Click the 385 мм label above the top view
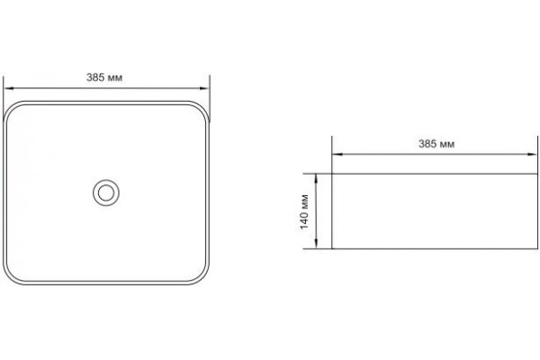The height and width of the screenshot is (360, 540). point(104,77)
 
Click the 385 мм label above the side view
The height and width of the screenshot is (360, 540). point(436,144)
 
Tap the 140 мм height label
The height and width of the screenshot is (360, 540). point(304,211)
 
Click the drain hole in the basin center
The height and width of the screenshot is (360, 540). point(106,193)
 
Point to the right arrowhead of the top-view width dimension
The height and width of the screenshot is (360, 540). point(204,88)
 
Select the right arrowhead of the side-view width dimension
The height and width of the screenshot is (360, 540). point(533,154)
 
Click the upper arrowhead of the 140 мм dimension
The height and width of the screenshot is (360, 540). point(316,179)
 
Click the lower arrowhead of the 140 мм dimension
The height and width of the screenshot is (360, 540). point(316,244)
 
